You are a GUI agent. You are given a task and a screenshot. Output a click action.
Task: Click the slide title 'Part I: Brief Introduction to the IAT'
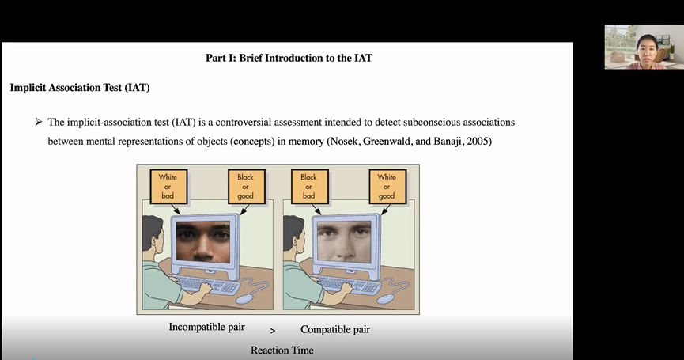289,58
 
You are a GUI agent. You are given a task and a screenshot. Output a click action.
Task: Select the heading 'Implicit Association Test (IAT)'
80,87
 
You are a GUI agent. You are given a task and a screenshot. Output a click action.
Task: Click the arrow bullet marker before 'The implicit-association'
37,123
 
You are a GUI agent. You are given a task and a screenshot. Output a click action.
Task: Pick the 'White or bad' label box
168,187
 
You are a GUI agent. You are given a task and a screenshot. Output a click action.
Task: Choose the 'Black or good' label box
245,187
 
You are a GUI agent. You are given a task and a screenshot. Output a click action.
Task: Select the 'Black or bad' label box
308,187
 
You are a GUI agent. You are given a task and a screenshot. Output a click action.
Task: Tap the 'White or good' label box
387,187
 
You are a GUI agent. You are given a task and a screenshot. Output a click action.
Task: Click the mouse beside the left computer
246,297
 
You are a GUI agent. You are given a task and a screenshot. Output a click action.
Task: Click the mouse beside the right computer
386,297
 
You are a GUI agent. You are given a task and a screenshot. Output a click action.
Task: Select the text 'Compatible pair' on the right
335,329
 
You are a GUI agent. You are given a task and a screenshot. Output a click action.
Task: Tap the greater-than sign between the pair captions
273,331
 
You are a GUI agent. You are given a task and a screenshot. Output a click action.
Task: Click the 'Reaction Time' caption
282,351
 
